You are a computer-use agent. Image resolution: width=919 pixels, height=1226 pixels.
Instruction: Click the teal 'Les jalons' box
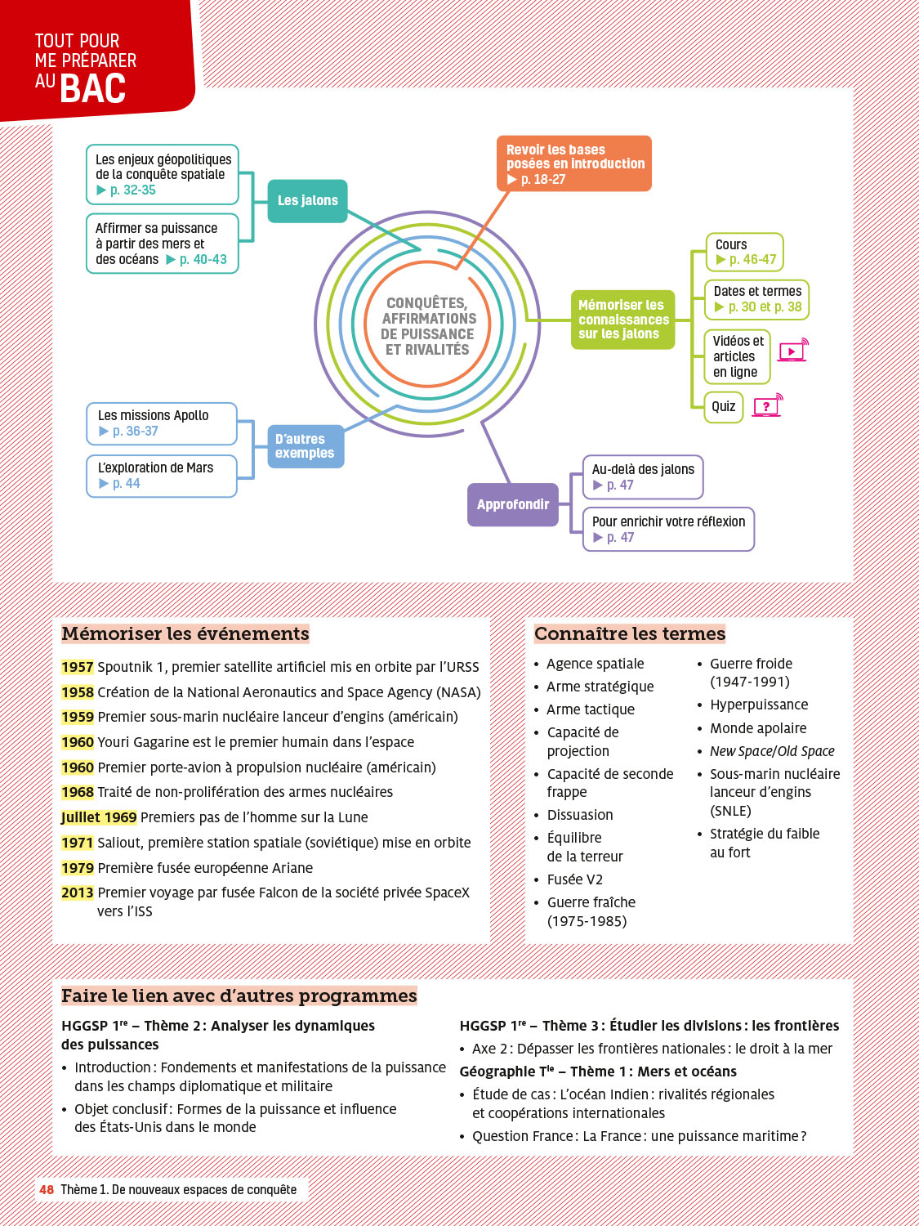pos(307,201)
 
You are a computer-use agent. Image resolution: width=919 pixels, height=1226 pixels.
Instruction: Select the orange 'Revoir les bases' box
pos(573,163)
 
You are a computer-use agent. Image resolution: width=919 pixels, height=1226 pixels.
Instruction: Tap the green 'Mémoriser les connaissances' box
pos(622,320)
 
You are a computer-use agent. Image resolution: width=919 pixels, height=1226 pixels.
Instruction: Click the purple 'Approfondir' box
pos(512,504)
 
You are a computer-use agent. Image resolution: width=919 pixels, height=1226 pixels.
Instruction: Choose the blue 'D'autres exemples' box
pos(306,446)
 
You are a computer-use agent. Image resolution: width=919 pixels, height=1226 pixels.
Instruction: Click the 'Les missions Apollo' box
pos(162,423)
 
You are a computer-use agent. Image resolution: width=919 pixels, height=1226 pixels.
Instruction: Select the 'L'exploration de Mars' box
pos(162,476)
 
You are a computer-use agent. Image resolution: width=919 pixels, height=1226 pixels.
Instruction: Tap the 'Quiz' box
pos(724,406)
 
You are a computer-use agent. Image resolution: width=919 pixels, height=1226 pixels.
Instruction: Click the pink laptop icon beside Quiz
pos(766,405)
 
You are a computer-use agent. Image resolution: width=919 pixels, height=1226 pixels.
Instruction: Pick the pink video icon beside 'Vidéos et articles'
pos(792,351)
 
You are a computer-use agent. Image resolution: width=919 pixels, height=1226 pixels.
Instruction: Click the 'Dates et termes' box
pos(756,299)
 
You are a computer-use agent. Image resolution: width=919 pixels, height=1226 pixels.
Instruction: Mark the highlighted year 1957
pos(78,667)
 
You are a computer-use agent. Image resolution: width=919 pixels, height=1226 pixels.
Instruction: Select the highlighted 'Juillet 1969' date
pos(99,817)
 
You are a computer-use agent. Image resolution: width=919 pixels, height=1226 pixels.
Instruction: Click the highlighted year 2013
pos(78,893)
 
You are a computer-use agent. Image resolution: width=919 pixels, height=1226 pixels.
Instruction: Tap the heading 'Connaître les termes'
pos(630,633)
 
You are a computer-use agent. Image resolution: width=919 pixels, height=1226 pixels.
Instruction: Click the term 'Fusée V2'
pos(574,879)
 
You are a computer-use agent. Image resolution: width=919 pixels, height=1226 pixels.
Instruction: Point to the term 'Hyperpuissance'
pos(759,705)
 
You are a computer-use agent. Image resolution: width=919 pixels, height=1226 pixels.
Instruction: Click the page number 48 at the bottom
pos(47,1189)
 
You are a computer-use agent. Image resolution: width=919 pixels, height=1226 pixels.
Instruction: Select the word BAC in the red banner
pos(93,88)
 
